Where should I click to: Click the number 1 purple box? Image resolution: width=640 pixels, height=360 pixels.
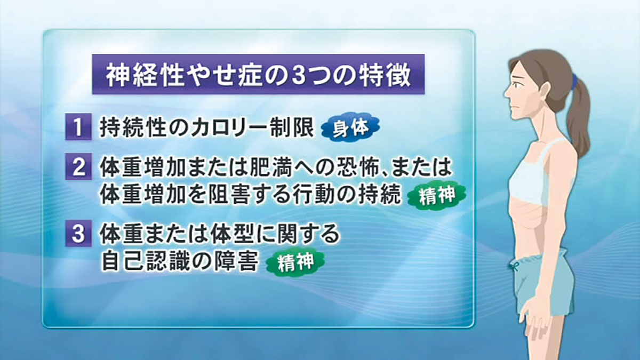click(x=78, y=127)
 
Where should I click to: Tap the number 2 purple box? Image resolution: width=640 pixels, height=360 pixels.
click(x=78, y=166)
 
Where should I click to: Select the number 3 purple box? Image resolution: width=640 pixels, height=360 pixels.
click(x=78, y=233)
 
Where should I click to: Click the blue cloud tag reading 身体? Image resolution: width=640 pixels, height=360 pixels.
click(x=350, y=129)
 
